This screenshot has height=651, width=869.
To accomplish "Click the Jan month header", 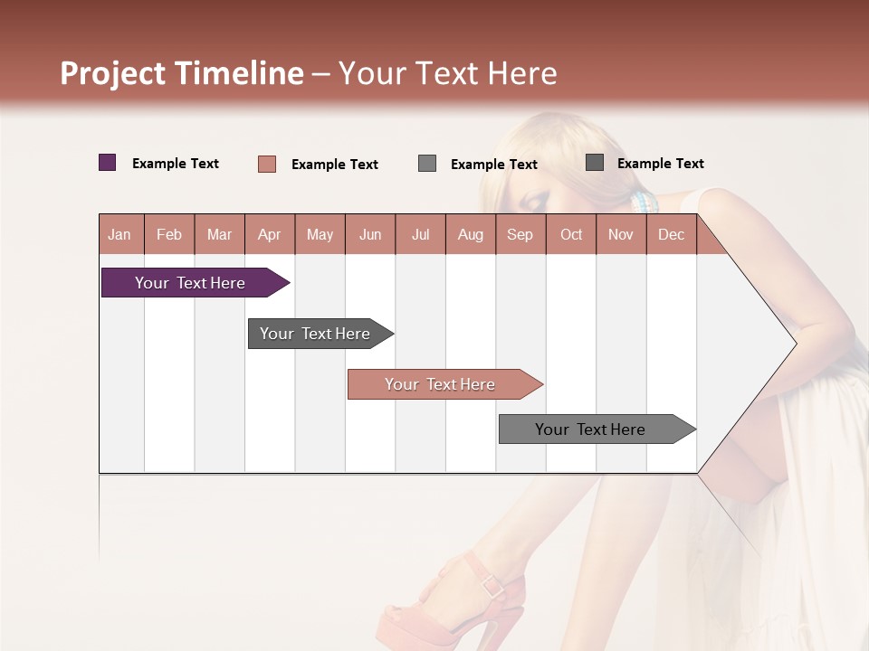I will click(119, 234).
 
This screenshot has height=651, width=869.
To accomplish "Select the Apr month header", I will click(269, 234).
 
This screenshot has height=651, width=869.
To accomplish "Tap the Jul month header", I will click(420, 234).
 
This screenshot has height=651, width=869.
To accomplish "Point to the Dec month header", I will click(671, 234).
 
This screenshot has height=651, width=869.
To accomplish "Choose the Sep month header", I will click(520, 234).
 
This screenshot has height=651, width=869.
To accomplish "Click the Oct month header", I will click(571, 234).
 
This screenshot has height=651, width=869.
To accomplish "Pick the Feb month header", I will click(169, 234).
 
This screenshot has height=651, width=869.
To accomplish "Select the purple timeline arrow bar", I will click(191, 283).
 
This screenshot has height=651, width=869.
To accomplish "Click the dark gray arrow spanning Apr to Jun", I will click(316, 334).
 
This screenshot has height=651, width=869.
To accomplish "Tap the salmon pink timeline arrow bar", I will click(441, 384).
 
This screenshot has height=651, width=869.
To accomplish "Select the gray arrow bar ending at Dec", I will click(591, 429).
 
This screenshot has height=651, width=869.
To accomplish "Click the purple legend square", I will click(107, 163).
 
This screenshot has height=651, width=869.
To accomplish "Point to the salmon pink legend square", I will click(266, 164).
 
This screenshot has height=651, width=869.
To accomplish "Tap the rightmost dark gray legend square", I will click(595, 163).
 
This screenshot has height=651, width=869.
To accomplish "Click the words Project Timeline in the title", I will click(181, 73).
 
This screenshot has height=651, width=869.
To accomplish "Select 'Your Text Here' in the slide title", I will click(448, 73).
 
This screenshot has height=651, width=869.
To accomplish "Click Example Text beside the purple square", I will click(176, 164).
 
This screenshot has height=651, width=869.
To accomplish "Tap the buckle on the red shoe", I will click(493, 586).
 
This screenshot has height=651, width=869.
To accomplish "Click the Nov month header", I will click(620, 234).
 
